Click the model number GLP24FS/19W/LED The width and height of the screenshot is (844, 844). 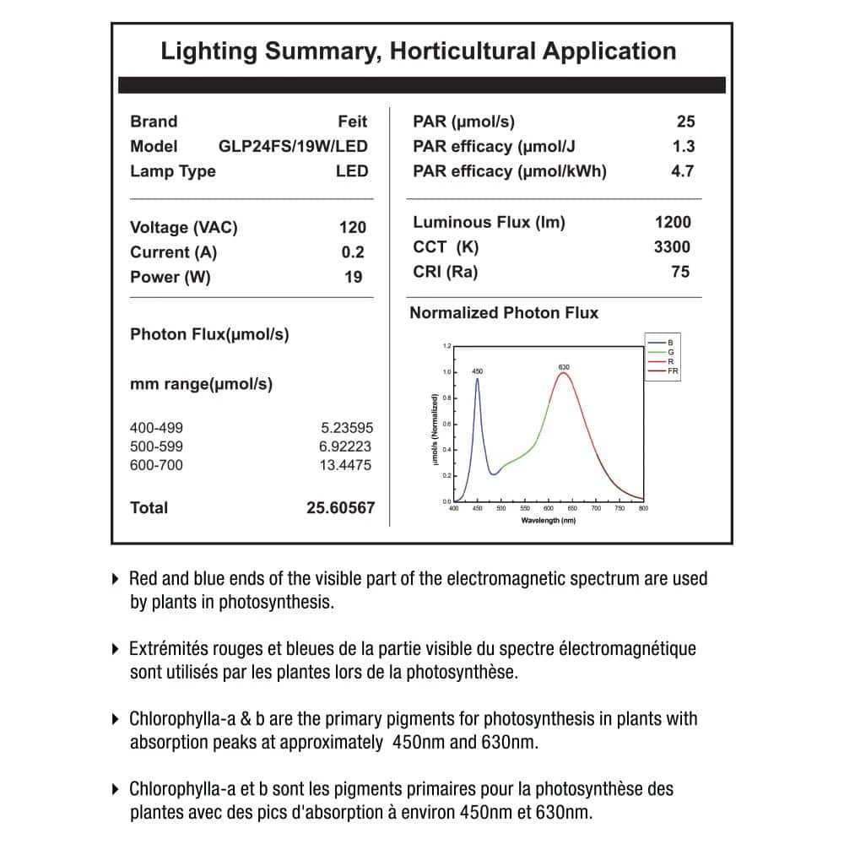tap(293, 146)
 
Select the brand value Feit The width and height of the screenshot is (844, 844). tap(353, 122)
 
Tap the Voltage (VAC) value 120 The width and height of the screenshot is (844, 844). tap(353, 227)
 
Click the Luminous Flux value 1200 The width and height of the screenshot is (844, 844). tap(673, 222)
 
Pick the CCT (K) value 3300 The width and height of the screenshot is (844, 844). tap(672, 247)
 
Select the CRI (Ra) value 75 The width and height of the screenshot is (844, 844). tap(680, 272)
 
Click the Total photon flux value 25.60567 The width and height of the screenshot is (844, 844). tap(341, 508)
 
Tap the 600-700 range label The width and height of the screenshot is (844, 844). tap(156, 465)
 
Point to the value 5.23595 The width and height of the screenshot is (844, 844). tap(346, 428)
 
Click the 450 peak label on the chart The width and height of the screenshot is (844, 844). tap(477, 371)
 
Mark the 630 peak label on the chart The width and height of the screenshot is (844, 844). tap(564, 367)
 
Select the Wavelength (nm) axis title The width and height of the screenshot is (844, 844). tap(549, 521)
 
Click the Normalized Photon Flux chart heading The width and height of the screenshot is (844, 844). tap(504, 313)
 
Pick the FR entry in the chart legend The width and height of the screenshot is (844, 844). tap(672, 371)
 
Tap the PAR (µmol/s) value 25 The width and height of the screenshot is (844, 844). tap(685, 122)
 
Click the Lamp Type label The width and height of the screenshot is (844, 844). tap(173, 171)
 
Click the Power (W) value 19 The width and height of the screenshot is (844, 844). tap(354, 277)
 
